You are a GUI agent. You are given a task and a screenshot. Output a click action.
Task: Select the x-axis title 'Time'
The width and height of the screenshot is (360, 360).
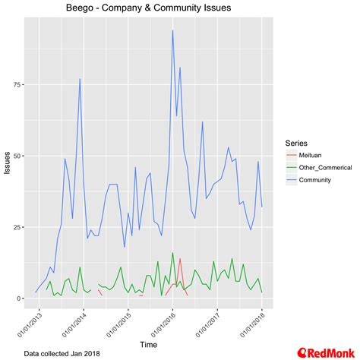(149, 345)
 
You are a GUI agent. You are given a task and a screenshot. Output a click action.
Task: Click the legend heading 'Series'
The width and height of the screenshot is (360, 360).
(296, 142)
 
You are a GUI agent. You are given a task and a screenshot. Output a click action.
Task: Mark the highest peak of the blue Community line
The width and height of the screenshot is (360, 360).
(173, 30)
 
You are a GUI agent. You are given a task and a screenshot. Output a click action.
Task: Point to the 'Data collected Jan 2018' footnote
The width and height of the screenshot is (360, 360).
(61, 353)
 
